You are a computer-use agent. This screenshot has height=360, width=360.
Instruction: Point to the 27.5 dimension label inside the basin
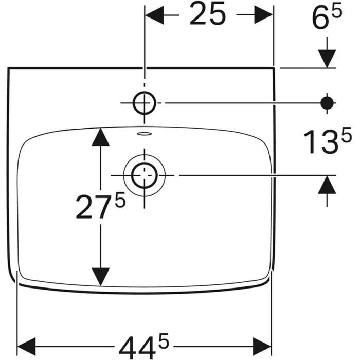(101, 206)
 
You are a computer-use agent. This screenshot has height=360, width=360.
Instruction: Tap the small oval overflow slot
(144, 134)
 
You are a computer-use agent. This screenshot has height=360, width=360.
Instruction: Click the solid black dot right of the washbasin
(327, 103)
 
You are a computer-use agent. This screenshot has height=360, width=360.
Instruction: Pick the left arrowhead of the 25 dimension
(154, 15)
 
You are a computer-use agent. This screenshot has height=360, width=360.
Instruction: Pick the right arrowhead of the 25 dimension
(263, 15)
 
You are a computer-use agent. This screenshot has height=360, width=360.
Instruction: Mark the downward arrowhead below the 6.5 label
(327, 59)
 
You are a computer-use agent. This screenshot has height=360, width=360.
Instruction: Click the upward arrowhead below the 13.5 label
(327, 185)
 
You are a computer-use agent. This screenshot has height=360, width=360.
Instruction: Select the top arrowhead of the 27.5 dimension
(100, 137)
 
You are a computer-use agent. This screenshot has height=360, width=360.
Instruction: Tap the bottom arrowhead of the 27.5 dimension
(100, 277)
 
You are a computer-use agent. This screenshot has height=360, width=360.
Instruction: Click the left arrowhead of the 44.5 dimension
(27, 346)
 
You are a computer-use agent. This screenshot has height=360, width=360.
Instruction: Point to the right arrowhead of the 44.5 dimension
(262, 346)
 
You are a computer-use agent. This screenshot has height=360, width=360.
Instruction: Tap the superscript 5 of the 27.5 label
(120, 200)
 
